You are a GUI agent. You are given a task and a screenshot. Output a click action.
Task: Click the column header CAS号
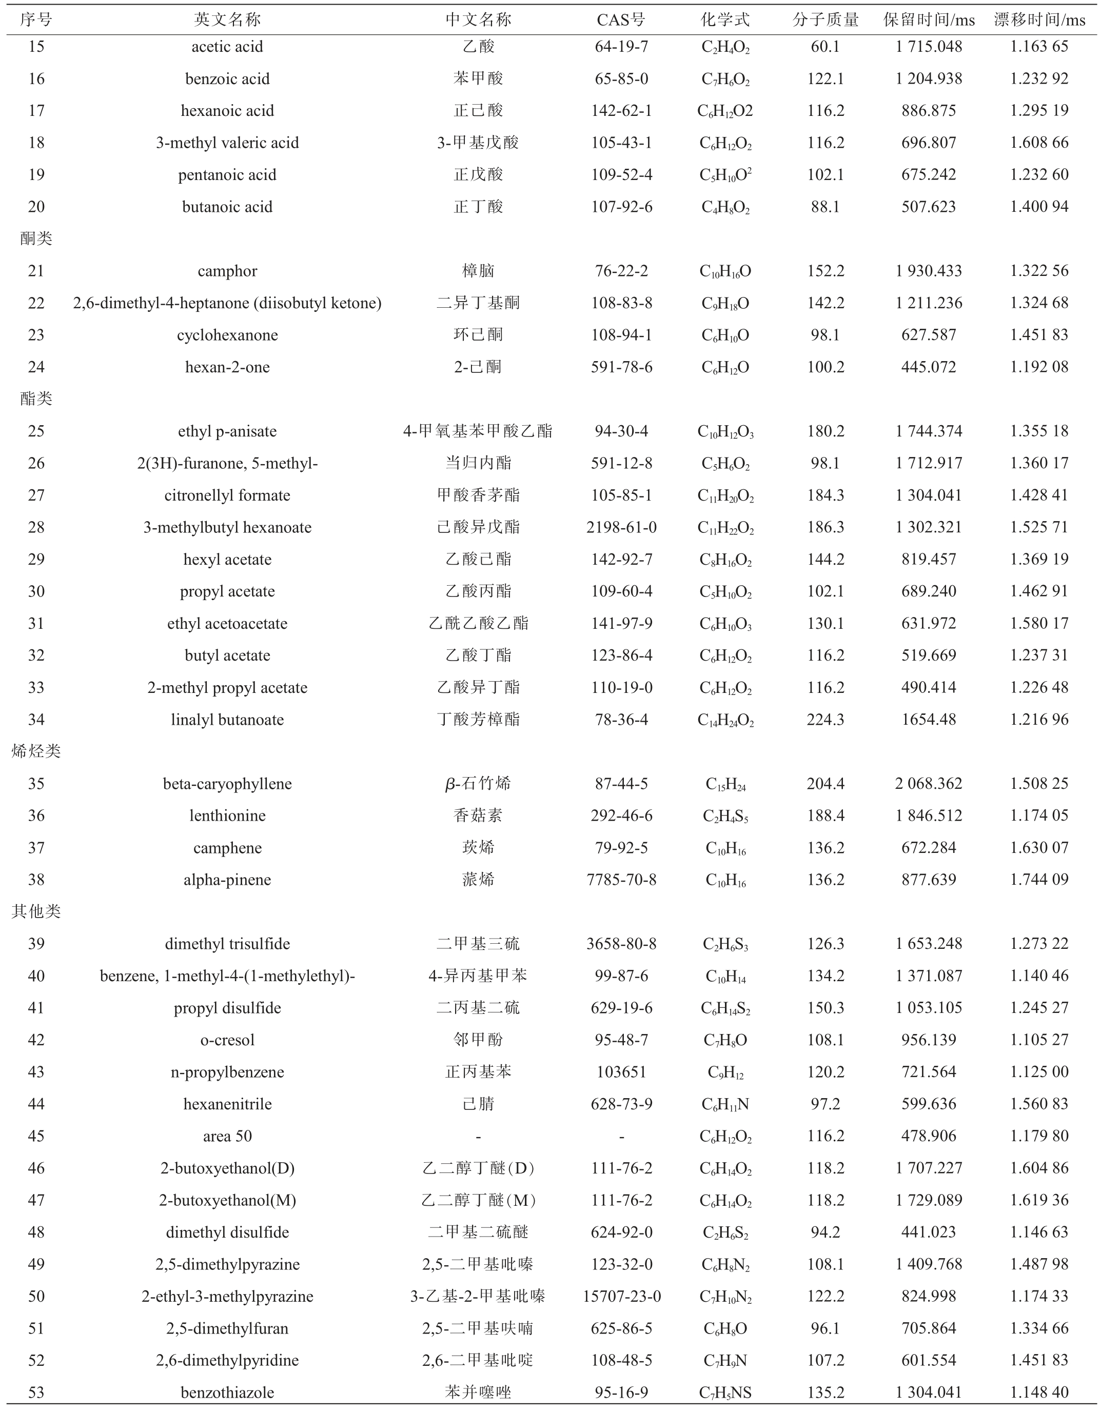(x=620, y=19)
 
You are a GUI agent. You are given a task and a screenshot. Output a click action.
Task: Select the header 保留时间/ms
(x=928, y=19)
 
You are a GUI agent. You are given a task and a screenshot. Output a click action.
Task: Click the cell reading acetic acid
(x=227, y=47)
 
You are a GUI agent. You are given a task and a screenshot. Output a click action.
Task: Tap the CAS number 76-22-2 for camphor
(x=621, y=270)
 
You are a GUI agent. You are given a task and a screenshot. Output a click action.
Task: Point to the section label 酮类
(x=36, y=238)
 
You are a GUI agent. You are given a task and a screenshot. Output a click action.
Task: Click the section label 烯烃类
(x=36, y=751)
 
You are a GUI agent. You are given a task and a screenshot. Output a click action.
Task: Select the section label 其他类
(x=36, y=911)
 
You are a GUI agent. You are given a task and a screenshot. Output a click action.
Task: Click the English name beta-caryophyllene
(x=227, y=783)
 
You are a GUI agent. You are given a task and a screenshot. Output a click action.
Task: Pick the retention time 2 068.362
(x=928, y=783)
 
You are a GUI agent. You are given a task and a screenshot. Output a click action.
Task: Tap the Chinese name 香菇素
(x=478, y=816)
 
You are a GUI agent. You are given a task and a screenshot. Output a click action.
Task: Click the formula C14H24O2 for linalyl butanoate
(x=725, y=720)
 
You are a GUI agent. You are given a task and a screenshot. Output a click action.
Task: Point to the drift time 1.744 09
(x=1039, y=880)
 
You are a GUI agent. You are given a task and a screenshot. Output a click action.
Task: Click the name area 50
(x=227, y=1136)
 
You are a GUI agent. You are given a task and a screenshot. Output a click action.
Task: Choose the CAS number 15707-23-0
(x=621, y=1296)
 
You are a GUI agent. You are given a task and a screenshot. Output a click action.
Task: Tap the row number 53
(x=36, y=1393)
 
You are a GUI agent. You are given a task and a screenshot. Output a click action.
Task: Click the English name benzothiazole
(x=227, y=1393)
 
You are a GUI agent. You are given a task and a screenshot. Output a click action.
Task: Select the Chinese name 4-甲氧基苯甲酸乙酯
(x=478, y=431)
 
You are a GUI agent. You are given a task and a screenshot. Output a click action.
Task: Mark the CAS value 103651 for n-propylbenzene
(x=621, y=1072)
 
